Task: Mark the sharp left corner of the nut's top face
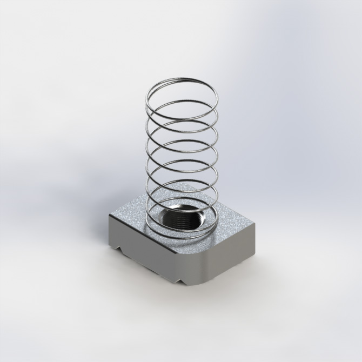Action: coord(110,216)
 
